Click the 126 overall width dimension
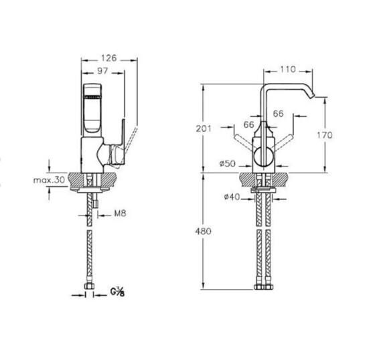tap(110, 58)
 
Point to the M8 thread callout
tap(121, 213)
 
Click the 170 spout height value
tap(324, 134)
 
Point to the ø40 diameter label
tap(232, 197)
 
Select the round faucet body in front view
tap(262, 155)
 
